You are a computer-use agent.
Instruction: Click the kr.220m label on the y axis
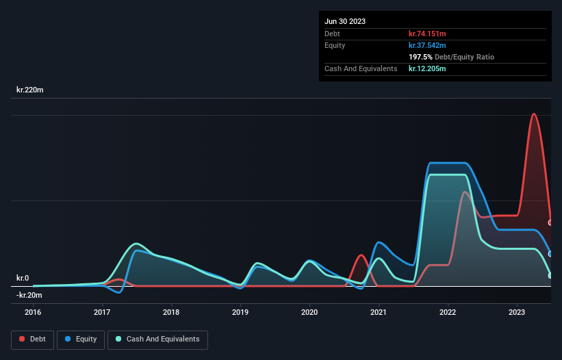coord(31,90)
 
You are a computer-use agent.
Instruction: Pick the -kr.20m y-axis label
coord(29,295)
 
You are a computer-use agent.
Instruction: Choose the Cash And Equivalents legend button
coord(157,339)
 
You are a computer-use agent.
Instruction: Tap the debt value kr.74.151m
coord(427,34)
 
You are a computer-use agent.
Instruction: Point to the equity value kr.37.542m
coord(427,45)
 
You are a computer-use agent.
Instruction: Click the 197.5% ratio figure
coord(420,57)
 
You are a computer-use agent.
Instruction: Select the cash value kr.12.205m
coord(427,68)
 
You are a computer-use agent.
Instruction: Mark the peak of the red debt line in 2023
coord(534,114)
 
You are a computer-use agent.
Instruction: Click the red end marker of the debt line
coord(550,222)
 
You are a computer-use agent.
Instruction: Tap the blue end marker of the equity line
coord(550,254)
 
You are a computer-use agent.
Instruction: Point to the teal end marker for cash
coord(550,276)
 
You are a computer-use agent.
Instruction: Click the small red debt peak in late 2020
coord(361,255)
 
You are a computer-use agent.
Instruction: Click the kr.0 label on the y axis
coord(23,278)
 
